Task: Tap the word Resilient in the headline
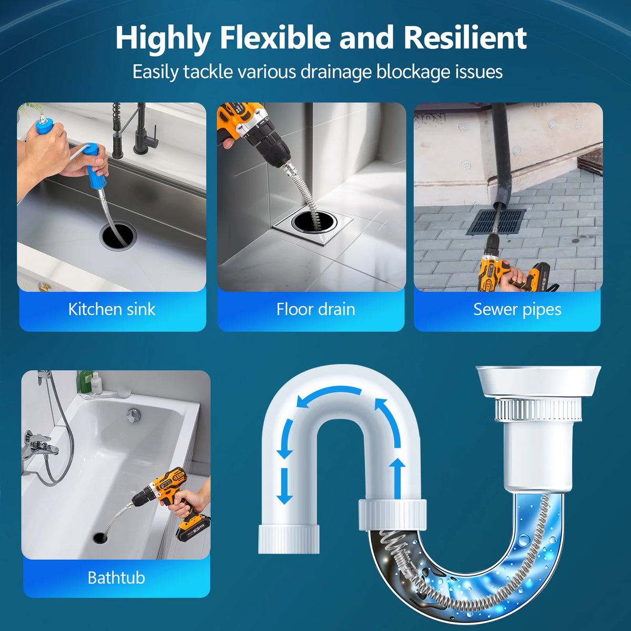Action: pyautogui.click(x=465, y=37)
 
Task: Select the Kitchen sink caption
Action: pyautogui.click(x=111, y=309)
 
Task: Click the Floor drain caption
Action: pyautogui.click(x=315, y=309)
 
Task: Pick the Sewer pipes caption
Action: pyautogui.click(x=517, y=310)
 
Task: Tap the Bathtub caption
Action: pyautogui.click(x=116, y=578)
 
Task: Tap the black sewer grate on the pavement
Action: pyautogui.click(x=495, y=222)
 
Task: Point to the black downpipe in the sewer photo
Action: pyautogui.click(x=501, y=157)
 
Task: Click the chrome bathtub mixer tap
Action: pyautogui.click(x=38, y=444)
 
